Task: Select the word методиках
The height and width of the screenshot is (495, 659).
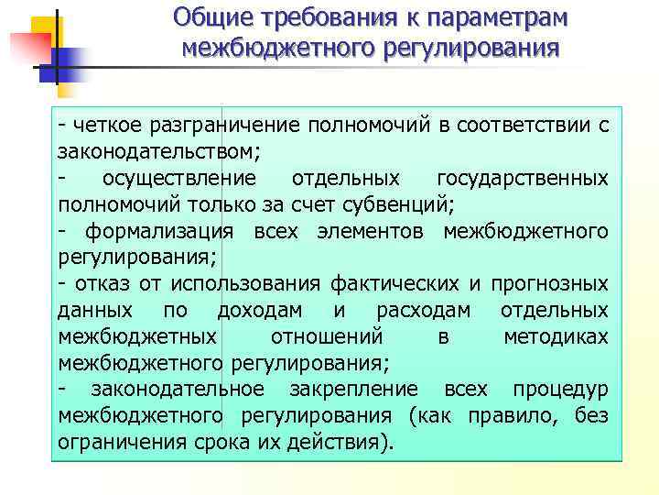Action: coord(555,336)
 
